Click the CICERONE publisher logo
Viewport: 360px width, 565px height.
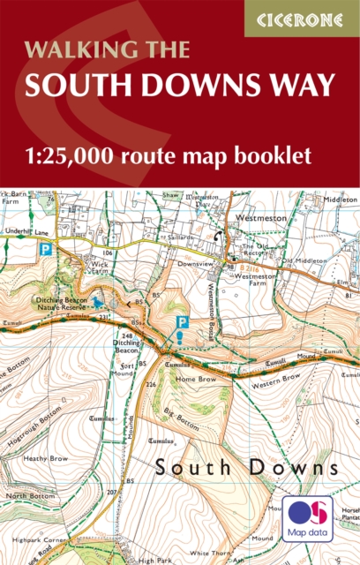point(302,18)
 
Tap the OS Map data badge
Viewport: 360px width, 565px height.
point(308,519)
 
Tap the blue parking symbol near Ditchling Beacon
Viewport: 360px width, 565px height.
point(183,323)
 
